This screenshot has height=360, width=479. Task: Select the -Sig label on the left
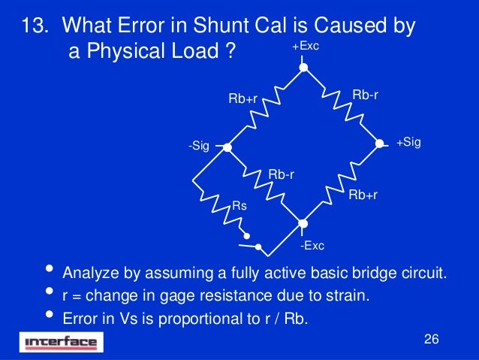pos(198,147)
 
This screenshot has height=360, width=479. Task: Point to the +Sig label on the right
pos(408,142)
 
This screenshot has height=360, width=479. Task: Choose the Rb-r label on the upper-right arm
pos(365,94)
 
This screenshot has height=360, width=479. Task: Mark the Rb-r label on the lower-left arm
pos(281,175)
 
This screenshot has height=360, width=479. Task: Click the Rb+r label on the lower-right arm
pos(363,195)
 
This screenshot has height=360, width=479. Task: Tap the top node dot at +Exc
pos(303,66)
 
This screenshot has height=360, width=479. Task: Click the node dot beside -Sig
pos(227,148)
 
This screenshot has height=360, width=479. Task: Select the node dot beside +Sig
pos(380,143)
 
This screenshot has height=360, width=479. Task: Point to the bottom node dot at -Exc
pos(303,223)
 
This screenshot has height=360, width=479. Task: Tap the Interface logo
pos(62,343)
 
